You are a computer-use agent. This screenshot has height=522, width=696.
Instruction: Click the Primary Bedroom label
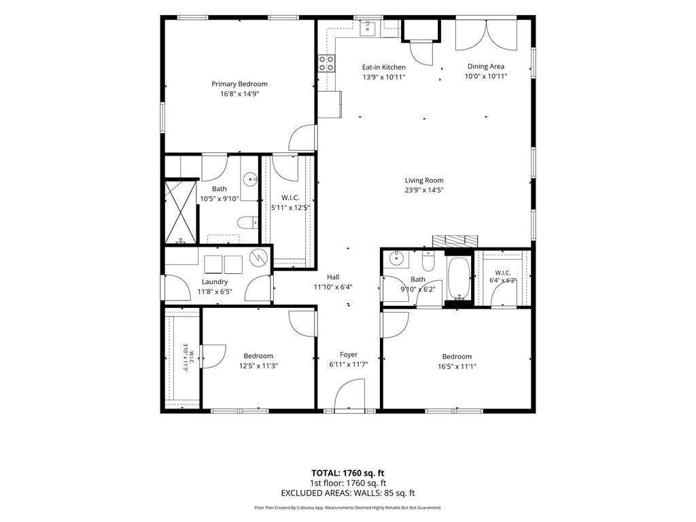pos(239,84)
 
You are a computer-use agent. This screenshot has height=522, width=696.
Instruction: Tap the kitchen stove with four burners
pos(326,63)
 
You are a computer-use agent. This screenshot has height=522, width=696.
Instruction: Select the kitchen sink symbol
pos(368,29)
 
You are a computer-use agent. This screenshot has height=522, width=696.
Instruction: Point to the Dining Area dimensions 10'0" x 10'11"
pos(486,76)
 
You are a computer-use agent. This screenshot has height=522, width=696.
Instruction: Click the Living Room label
pos(424,180)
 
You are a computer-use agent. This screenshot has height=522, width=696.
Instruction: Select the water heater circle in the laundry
pos(257,258)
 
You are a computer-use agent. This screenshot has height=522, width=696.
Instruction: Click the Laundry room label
pos(215,282)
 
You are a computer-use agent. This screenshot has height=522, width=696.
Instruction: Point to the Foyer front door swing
pos(350,396)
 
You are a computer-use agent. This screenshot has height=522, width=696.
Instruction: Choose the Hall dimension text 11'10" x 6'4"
pos(333,288)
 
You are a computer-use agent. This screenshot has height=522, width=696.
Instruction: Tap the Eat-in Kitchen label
pos(384,67)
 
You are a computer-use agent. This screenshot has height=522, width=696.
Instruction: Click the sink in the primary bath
pos(250,180)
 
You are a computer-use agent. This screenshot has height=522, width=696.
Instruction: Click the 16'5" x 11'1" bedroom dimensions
pos(457,366)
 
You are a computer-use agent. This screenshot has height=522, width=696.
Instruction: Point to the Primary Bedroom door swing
pos(303,137)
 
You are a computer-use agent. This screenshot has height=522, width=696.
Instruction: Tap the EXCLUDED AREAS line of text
pos(348,493)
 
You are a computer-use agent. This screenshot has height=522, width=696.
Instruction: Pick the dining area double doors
pos(487,35)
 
